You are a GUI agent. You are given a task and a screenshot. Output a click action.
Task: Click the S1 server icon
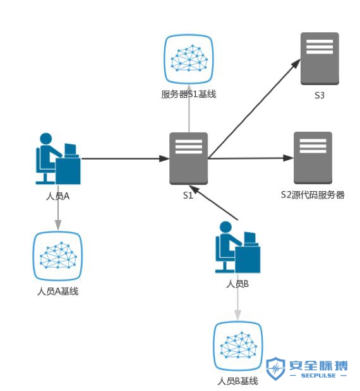click(x=189, y=158)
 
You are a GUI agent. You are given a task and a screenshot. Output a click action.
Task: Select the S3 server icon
click(x=320, y=59)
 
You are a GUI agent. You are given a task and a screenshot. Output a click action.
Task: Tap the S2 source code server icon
click(x=313, y=158)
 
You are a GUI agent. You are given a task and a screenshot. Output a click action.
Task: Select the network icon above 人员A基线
click(x=57, y=257)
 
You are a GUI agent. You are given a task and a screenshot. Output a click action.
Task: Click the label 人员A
click(x=57, y=196)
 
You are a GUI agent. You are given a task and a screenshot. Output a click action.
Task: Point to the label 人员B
click(x=237, y=284)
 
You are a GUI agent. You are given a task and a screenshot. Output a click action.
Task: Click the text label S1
click(x=188, y=195)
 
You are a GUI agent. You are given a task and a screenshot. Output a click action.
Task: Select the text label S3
click(x=320, y=96)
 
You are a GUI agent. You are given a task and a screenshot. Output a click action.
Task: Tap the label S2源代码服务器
click(x=313, y=195)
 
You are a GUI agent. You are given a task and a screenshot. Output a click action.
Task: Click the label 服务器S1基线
click(x=189, y=95)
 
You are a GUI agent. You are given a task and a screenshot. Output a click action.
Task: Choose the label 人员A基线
click(x=57, y=292)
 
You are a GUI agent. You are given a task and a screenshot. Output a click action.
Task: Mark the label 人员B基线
click(x=238, y=382)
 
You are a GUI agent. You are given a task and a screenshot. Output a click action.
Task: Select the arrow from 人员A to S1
click(x=123, y=158)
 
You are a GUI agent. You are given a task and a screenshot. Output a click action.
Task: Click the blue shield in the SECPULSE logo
click(x=275, y=369)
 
